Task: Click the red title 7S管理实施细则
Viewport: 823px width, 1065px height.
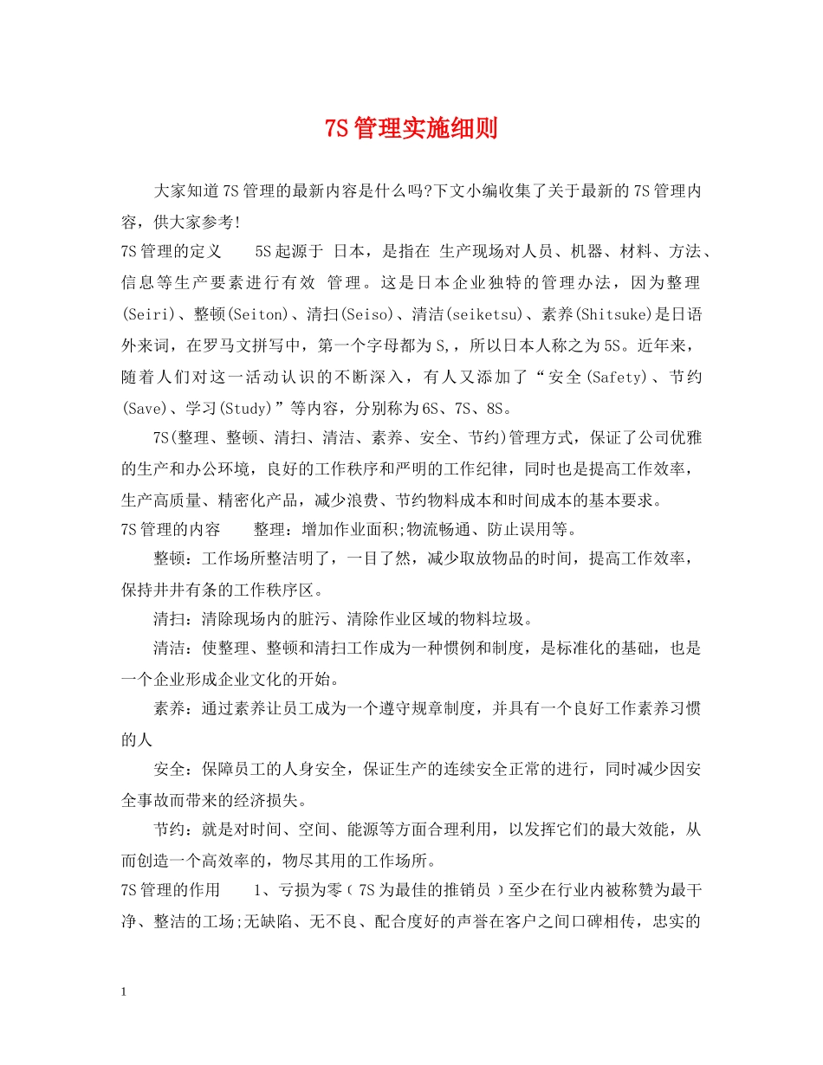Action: tap(411, 129)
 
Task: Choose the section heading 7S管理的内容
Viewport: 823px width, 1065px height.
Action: tap(172, 529)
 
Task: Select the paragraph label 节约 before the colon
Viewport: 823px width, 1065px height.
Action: tap(170, 829)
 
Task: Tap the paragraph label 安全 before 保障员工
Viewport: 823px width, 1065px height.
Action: tap(170, 770)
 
